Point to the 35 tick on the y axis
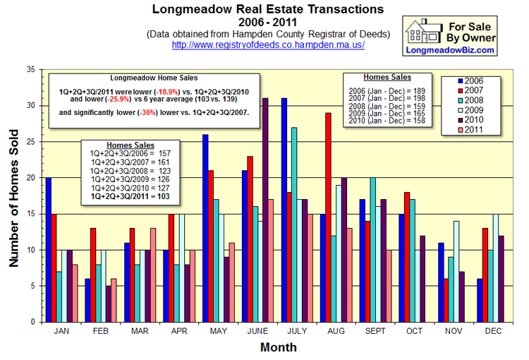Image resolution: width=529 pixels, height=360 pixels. point(30,70)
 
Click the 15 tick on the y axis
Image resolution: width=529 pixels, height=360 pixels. point(30,214)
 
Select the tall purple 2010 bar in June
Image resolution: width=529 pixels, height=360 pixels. point(265,210)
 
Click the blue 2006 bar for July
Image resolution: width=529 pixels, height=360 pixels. point(284,210)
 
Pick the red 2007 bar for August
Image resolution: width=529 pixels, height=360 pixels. point(329,217)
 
